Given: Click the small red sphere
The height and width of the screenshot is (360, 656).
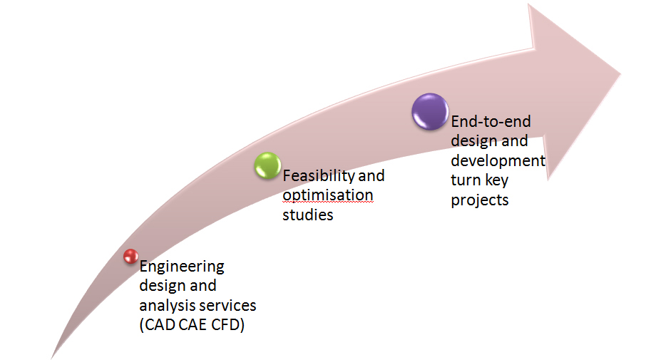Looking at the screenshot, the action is tap(131, 256).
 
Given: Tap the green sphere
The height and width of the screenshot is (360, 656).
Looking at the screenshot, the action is tap(268, 165).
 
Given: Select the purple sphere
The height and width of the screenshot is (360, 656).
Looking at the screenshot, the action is tap(430, 111).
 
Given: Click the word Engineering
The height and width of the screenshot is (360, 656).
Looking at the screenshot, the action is tap(182, 267).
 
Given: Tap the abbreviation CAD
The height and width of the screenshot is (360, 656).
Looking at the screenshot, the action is tap(158, 325).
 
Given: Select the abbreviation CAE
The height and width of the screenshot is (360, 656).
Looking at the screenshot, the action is tap(193, 325).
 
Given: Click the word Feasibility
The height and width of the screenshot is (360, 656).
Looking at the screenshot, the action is tap(319, 176).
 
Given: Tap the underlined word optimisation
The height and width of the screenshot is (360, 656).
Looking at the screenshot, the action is tap(327, 195).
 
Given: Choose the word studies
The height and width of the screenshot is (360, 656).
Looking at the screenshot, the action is tap(307, 215).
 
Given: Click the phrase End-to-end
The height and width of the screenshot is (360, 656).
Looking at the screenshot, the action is tap(491, 122).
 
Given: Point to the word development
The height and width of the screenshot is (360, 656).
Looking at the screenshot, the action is tap(498, 161).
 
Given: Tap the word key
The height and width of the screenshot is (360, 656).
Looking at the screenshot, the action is tap(496, 180).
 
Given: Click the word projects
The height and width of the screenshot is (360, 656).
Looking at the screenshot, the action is tap(479, 200).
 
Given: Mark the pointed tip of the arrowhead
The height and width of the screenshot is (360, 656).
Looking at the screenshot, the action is tap(620, 74).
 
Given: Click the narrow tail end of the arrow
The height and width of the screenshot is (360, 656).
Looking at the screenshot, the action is tap(52, 357).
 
